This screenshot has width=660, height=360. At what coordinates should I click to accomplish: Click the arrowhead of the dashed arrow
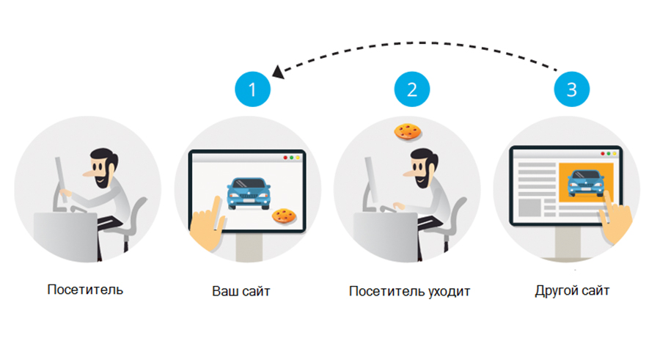277,72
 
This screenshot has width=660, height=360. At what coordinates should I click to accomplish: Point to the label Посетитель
85,289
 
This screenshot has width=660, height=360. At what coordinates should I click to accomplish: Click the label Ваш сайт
241,291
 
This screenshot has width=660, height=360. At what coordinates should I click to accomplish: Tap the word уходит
449,291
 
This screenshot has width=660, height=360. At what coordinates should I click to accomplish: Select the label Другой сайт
573,291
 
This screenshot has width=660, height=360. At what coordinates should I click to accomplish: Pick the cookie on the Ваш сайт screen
284,216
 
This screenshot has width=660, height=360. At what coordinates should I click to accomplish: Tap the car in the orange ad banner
587,183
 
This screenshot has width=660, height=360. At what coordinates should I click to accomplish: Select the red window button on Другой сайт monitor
604,154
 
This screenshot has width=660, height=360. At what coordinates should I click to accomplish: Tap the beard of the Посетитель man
105,178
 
